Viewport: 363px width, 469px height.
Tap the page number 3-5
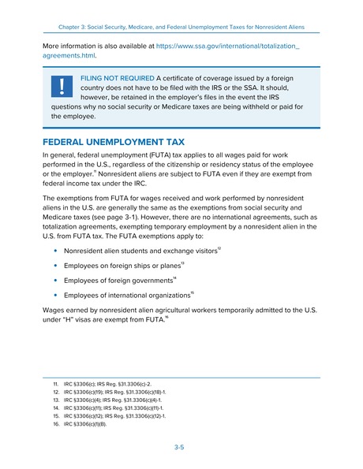[x=181, y=446]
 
